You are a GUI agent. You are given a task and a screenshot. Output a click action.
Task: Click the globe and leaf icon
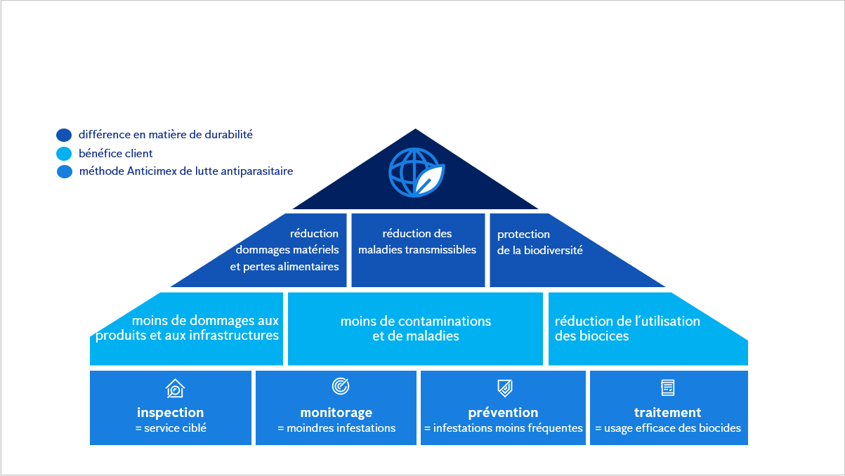417,173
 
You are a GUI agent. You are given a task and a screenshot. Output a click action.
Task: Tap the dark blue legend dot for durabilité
64,135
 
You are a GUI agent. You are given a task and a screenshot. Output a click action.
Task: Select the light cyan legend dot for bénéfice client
64,154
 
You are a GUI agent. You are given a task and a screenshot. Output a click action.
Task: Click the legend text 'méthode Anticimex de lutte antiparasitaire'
186,171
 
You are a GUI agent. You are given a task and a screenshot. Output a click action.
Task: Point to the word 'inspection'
171,413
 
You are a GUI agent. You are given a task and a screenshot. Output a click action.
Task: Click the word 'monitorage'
336,413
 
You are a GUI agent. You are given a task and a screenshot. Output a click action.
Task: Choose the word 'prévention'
503,413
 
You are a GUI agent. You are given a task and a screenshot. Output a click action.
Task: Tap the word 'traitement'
667,413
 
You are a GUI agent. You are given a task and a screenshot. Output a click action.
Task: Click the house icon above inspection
175,388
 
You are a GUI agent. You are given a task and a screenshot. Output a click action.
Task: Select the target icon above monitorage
340,386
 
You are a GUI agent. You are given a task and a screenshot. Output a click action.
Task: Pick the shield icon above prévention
504,388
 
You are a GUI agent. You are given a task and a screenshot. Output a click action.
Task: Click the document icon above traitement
668,387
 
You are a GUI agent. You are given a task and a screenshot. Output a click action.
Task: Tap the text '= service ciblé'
171,428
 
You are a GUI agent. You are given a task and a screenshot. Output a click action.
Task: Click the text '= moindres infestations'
336,428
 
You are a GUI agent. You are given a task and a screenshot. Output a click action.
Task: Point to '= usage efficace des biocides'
668,428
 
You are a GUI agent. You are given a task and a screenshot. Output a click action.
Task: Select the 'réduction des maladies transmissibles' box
417,242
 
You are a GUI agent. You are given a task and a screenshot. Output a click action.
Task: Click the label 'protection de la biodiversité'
539,242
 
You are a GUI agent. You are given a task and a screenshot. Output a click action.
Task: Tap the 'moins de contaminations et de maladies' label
416,329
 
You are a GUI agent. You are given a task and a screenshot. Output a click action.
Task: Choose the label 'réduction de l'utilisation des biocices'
627,329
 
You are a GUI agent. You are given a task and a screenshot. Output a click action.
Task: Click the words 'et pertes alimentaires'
284,267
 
